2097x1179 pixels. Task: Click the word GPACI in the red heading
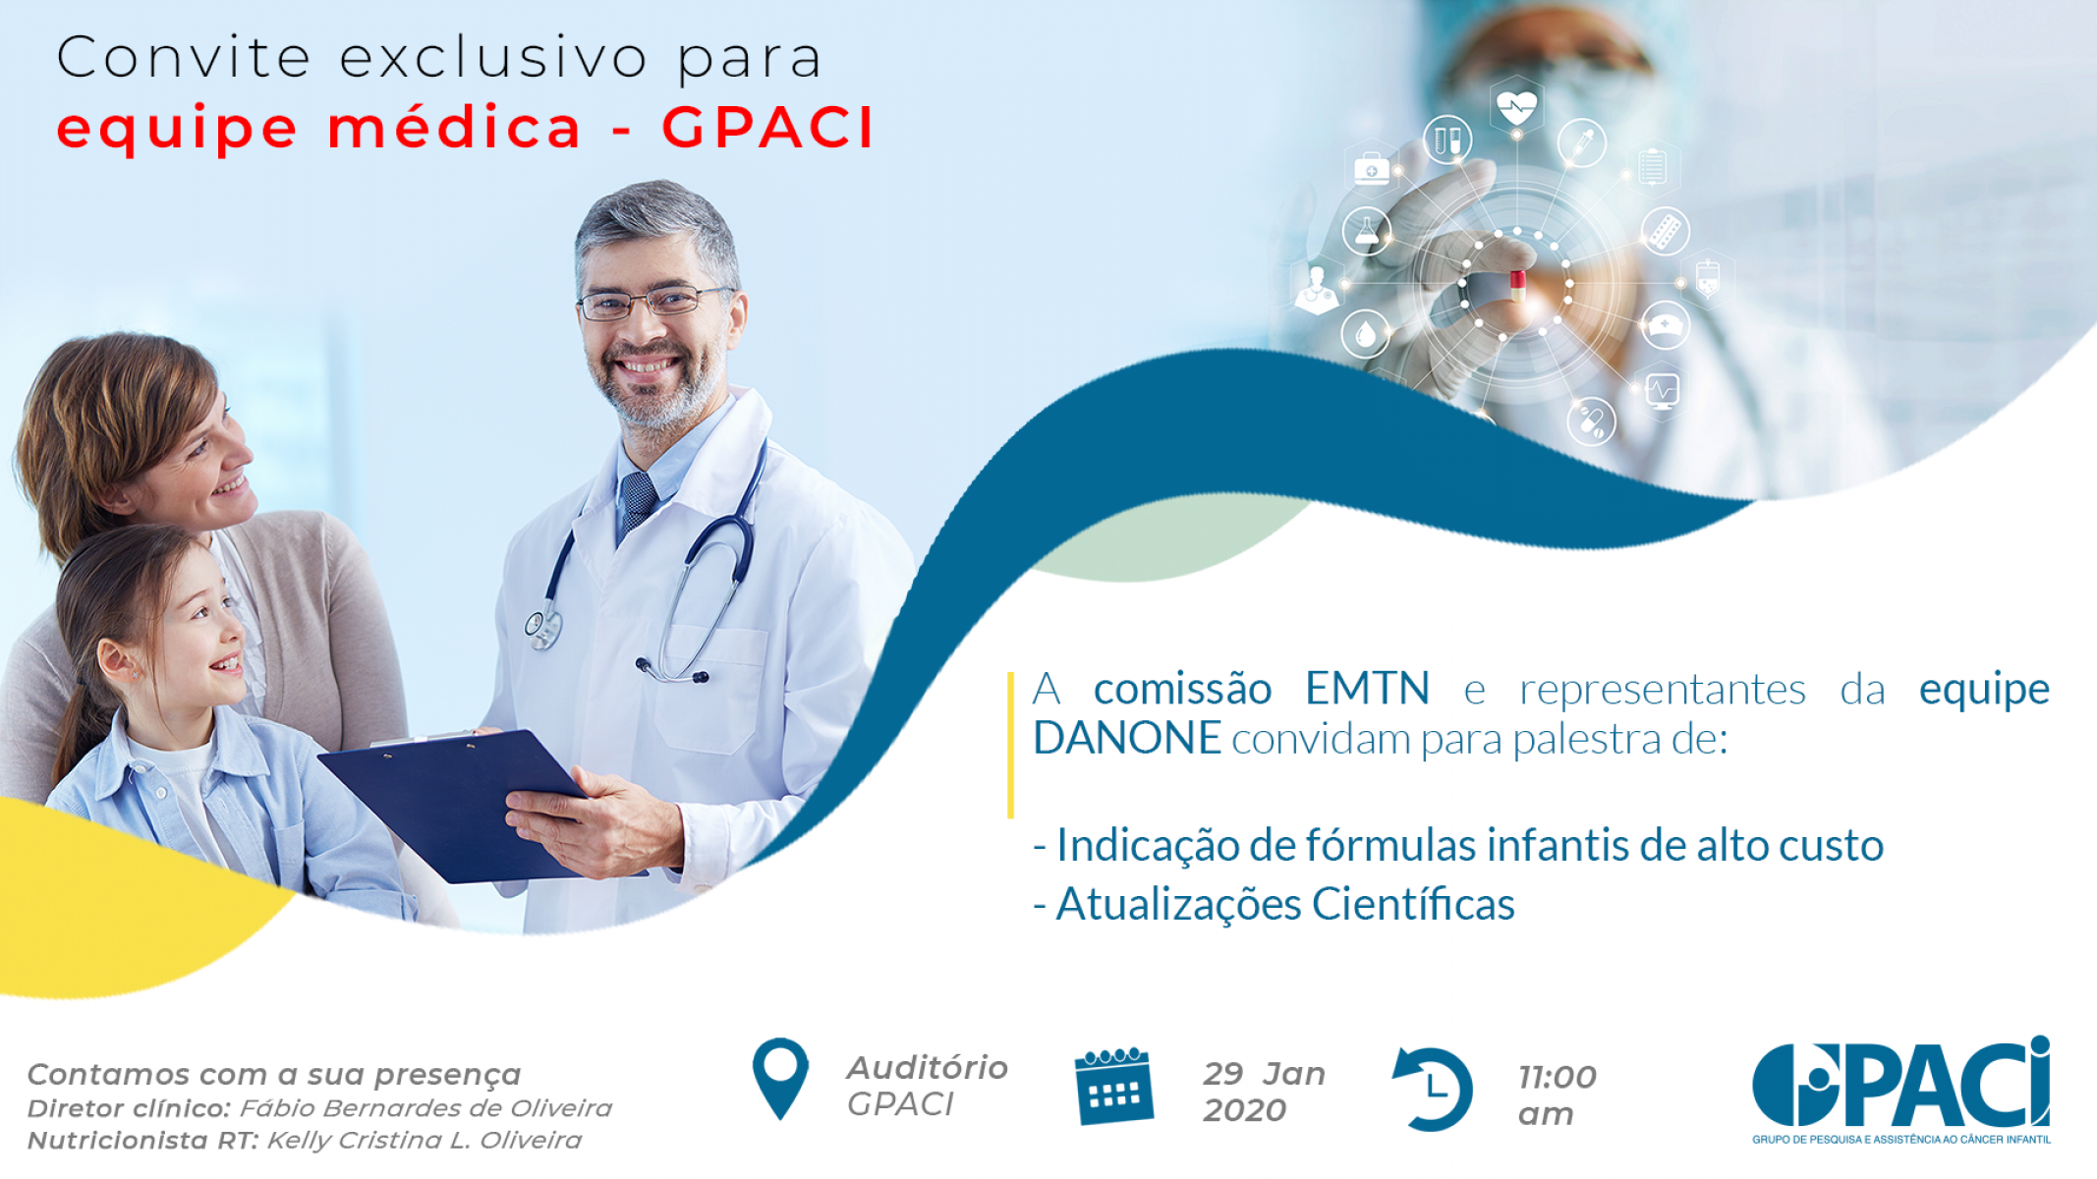click(x=767, y=128)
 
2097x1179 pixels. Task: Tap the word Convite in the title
click(x=184, y=57)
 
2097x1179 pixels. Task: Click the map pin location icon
click(x=780, y=1078)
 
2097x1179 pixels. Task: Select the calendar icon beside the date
click(x=1113, y=1086)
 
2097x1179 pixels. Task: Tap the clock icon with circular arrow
click(x=1433, y=1089)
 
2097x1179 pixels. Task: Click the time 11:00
click(x=1558, y=1077)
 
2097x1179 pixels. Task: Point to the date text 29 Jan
click(x=1265, y=1074)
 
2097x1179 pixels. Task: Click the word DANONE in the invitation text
click(x=1127, y=738)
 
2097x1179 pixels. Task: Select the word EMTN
click(x=1367, y=688)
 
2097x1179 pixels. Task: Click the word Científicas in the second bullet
click(x=1413, y=904)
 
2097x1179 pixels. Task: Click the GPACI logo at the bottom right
click(x=1901, y=1089)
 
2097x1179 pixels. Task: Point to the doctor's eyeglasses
click(x=653, y=303)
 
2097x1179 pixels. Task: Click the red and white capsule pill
click(x=1518, y=286)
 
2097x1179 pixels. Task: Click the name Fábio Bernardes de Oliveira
click(x=425, y=1108)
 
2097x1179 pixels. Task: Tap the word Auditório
click(x=928, y=1067)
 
